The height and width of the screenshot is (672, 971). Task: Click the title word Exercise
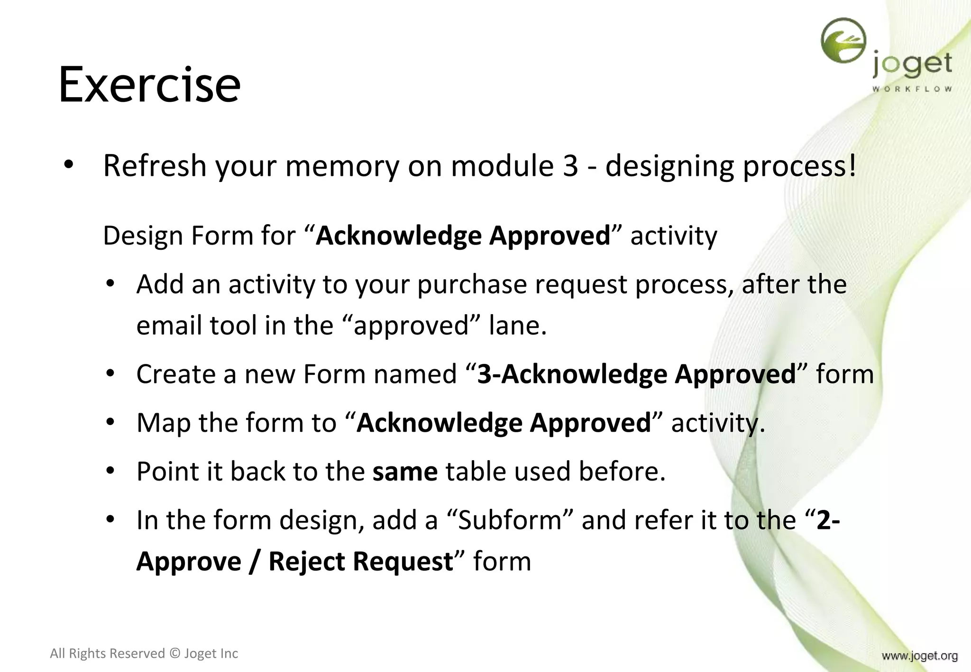(x=149, y=85)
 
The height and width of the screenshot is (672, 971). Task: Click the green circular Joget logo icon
(x=843, y=41)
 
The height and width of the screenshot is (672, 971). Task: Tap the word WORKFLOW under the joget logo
(x=912, y=89)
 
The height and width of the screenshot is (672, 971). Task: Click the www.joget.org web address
(x=919, y=656)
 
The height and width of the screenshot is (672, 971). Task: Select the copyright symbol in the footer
(x=174, y=654)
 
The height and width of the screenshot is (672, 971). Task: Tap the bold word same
(x=405, y=472)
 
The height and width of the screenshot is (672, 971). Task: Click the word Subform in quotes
(x=510, y=520)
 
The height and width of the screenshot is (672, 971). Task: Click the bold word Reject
(x=307, y=562)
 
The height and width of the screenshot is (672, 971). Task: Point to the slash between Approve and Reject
(x=255, y=562)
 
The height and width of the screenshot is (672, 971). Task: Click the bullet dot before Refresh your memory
(x=69, y=165)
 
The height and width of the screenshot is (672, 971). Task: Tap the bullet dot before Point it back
(x=110, y=471)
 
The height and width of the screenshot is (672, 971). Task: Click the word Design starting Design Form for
(x=143, y=236)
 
